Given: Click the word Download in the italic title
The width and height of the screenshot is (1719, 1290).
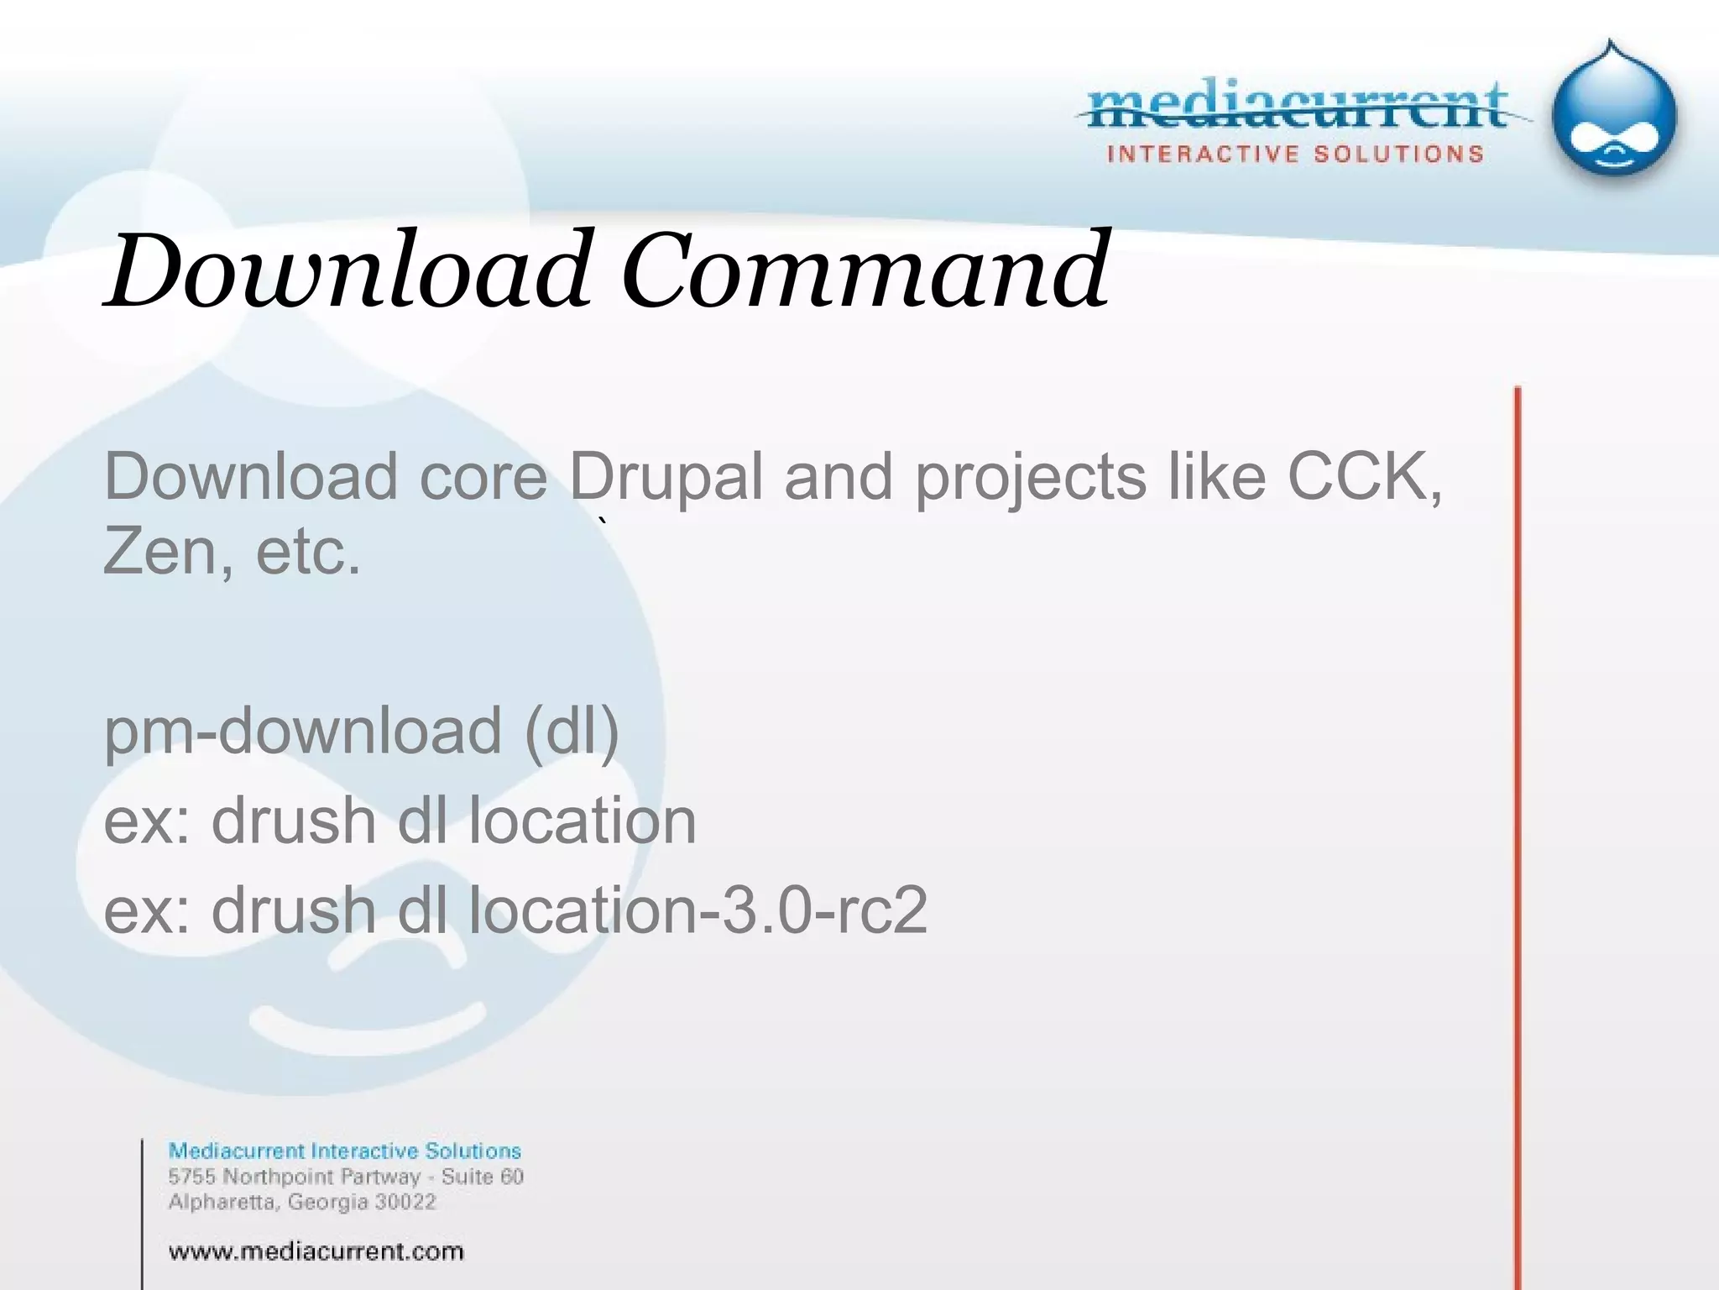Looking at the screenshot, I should pos(348,270).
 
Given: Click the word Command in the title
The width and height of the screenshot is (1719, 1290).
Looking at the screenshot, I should pos(865,270).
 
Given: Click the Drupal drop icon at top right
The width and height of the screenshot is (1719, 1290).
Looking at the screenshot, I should pos(1613,113).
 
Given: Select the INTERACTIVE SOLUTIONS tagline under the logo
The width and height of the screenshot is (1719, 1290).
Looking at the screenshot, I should pos(1296,154).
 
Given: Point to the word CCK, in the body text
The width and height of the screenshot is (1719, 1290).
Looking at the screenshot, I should pos(1365,477).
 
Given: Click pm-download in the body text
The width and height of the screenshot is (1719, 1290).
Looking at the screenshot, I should pos(302,730).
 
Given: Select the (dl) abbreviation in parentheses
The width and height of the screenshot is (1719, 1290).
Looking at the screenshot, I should pos(572,730).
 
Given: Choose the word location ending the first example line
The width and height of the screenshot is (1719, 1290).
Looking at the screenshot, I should pos(582,820).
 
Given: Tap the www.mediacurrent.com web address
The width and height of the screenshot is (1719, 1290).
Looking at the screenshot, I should pos(316,1251).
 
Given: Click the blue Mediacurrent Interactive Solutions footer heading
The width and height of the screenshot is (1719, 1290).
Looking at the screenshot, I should pos(345,1151).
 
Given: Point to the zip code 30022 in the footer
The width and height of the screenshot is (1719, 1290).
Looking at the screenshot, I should pos(405,1202).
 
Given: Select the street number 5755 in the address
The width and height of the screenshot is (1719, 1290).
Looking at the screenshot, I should pos(192,1177).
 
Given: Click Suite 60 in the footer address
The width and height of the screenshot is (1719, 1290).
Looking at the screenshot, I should pos(483,1177).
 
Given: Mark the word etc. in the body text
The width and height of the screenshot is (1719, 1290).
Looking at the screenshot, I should pos(308,552).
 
